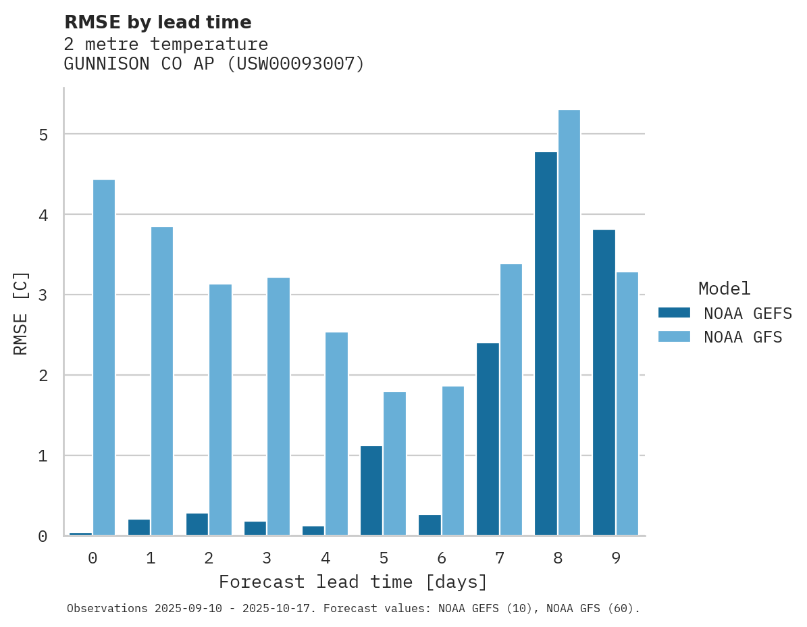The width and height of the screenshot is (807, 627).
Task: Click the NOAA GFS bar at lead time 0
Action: [104, 357]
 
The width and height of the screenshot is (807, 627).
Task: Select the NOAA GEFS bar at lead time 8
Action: [546, 344]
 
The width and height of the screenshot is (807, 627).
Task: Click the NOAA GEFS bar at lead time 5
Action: [371, 491]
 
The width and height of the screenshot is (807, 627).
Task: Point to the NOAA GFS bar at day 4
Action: [336, 434]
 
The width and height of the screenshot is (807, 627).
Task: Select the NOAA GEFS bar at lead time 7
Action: [488, 439]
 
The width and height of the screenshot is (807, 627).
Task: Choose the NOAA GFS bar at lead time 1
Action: [162, 381]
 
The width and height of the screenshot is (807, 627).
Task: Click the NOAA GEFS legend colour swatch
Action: [674, 313]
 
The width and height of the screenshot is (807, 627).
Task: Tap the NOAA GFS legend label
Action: [742, 337]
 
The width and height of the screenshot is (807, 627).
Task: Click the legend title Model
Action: [724, 289]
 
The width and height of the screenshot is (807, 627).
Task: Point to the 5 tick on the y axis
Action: [43, 134]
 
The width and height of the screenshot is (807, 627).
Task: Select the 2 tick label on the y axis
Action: [43, 376]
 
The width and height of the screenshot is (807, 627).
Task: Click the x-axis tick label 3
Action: [267, 558]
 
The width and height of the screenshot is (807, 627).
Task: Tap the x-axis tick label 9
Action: [615, 558]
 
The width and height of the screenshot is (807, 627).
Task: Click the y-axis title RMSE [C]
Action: [21, 313]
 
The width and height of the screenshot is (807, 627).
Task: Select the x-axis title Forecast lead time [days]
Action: [353, 582]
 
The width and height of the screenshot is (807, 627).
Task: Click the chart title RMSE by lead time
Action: [157, 22]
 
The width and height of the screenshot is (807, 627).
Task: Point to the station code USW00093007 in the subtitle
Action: [294, 64]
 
